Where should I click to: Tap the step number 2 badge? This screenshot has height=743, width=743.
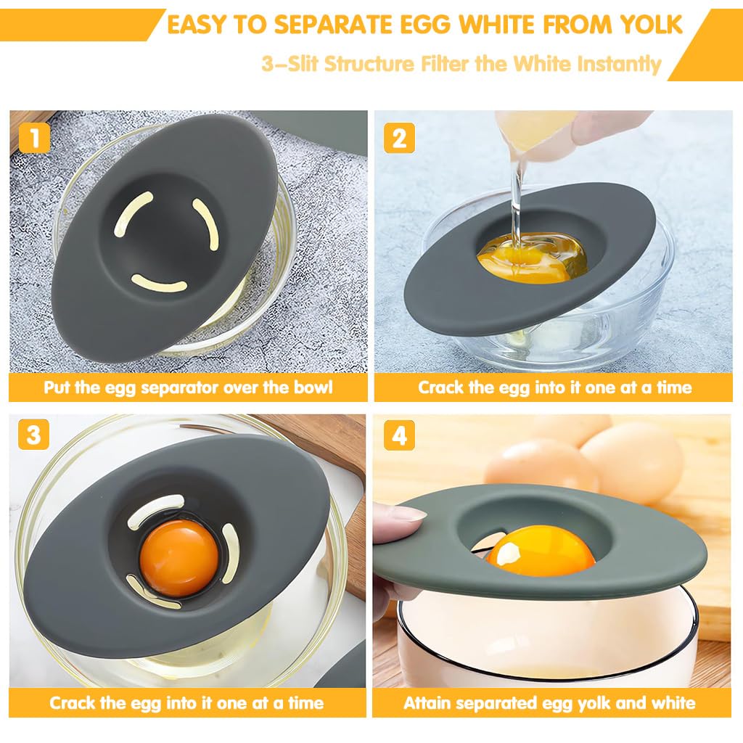[x=399, y=137]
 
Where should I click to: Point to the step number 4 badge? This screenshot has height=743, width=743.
[x=399, y=435]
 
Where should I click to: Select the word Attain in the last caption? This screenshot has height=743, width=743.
[x=428, y=702]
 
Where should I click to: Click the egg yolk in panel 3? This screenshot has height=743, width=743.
[x=178, y=557]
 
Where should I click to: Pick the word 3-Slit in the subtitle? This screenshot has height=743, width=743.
[x=290, y=63]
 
